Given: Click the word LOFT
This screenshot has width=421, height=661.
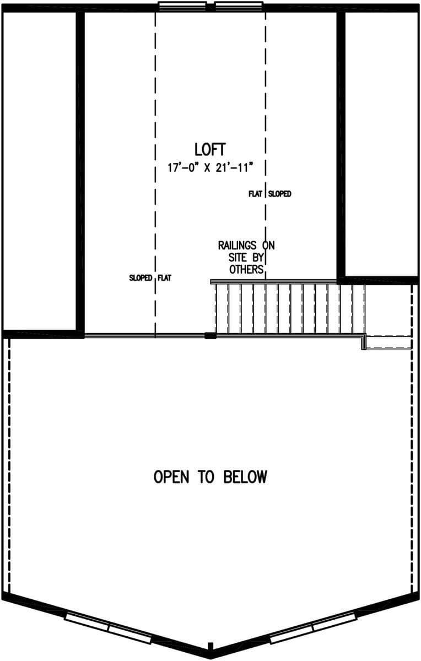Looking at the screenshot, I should [210, 149].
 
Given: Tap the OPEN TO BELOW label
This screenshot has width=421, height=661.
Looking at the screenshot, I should [210, 476].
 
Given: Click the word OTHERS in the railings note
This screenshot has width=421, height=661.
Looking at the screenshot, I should [246, 270].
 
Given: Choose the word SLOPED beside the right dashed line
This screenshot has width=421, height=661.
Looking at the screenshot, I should [280, 194].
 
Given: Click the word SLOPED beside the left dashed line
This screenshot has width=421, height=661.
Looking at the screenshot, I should [141, 278].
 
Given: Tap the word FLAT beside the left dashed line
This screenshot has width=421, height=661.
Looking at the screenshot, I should [165, 278].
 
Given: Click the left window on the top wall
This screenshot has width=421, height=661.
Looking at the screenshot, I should [182, 6].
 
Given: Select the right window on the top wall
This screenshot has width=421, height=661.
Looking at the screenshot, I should [239, 6].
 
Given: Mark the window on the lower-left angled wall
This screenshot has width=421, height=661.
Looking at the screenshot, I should [108, 628].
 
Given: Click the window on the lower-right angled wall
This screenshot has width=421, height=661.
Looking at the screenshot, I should [313, 628].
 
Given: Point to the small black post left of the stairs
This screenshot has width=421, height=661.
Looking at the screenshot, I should [210, 335].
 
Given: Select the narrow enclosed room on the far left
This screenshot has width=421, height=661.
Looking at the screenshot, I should [40, 171].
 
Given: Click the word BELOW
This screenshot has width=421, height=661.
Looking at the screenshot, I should [245, 476].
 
